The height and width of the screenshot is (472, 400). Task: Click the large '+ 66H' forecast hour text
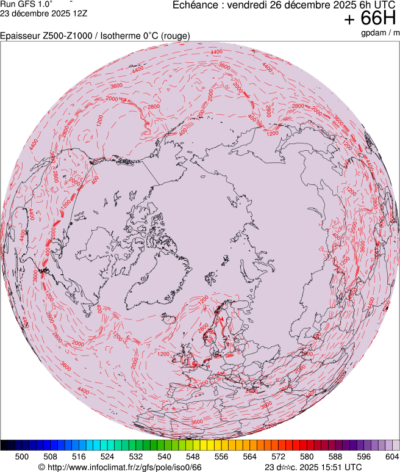coord(371,19)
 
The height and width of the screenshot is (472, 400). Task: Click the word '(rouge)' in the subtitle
coord(176,36)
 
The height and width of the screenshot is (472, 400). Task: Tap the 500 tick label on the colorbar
coord(22,456)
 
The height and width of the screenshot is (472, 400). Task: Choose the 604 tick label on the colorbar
coord(391,456)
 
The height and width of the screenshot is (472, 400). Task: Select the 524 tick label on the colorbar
coord(107,456)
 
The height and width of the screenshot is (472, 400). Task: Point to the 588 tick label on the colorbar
coord(335,456)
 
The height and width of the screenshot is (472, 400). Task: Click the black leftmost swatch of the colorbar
coord(4,445)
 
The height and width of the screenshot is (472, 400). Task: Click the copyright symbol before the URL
coord(41,467)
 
